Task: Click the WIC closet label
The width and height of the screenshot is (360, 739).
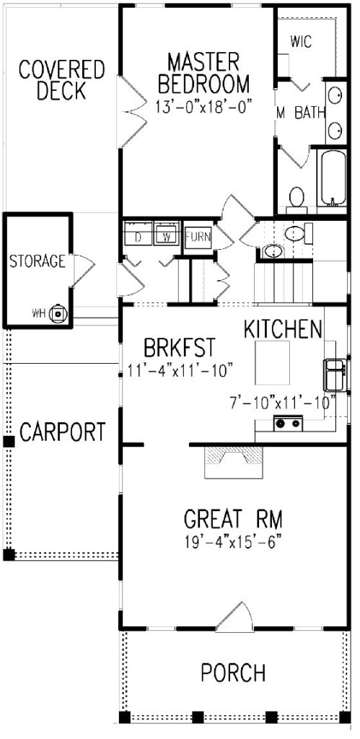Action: point(301,42)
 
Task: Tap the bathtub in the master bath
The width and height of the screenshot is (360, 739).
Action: point(333,178)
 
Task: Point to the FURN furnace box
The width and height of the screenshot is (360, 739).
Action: point(197,236)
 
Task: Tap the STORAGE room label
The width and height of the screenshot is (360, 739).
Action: point(38,261)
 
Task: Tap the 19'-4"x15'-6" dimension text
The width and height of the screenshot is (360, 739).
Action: point(232,541)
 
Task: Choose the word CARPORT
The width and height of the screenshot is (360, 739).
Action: point(62,433)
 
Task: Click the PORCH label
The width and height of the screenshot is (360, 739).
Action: point(232,673)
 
